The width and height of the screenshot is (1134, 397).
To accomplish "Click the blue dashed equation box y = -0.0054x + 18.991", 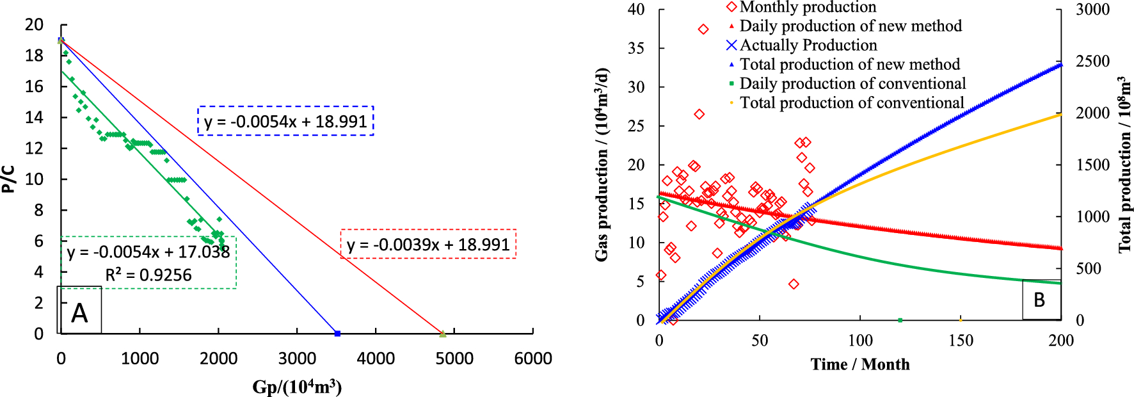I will click(285, 121).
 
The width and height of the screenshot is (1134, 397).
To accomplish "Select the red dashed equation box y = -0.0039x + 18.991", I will click(428, 244).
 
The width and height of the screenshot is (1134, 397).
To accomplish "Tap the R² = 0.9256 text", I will click(148, 275).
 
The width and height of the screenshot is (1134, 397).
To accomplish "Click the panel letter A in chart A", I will click(79, 313).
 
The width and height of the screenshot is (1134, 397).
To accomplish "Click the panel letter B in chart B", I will click(1039, 300).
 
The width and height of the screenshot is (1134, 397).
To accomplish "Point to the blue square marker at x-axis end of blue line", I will click(337, 333).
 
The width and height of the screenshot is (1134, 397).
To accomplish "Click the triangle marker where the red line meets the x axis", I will click(442, 333).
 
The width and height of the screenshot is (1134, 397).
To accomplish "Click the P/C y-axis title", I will click(9, 179).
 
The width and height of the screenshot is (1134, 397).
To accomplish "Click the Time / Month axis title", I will click(859, 364).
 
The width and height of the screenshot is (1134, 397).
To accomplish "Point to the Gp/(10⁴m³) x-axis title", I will click(297, 387).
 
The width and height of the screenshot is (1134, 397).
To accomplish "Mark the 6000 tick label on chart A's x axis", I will click(532, 359).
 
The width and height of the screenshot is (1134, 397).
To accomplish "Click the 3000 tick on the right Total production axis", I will click(1092, 10).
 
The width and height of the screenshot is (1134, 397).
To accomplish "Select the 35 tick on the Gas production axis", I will click(635, 49).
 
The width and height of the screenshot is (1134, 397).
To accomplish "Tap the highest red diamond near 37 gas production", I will click(703, 29).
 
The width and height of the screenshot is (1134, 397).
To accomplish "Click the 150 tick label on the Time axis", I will click(961, 341).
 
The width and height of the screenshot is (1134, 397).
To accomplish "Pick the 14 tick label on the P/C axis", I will click(34, 117).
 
